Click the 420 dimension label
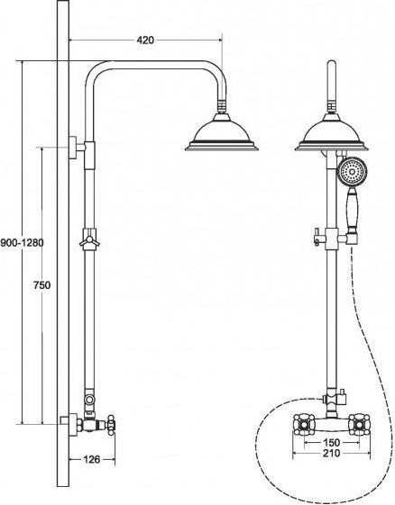pyautogui.click(x=145, y=41)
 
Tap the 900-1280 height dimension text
pyautogui.click(x=22, y=242)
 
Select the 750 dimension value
pyautogui.click(x=42, y=285)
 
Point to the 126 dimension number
pyautogui.click(x=92, y=459)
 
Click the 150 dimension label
pyautogui.click(x=332, y=443)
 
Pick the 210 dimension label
pyautogui.click(x=332, y=453)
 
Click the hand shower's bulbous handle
pyautogui.click(x=352, y=211)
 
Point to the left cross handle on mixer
pyautogui.click(x=303, y=425)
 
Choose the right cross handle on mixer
pyautogui.click(x=360, y=425)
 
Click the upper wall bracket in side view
pyautogui.click(x=77, y=148)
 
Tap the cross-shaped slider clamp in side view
pyautogui.click(x=89, y=239)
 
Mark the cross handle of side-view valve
pyautogui.click(x=111, y=425)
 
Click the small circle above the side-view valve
pyautogui.click(x=88, y=400)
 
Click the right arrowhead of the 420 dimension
pyautogui.click(x=221, y=41)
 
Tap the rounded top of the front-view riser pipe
pyautogui.click(x=332, y=63)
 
